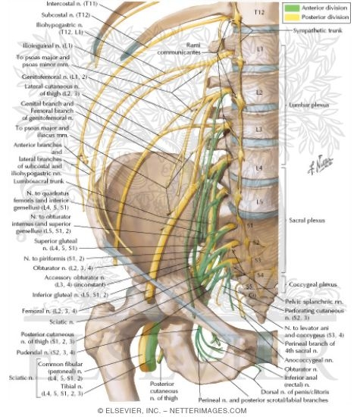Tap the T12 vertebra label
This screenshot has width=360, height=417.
259,13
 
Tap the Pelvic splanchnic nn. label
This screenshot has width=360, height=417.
312,302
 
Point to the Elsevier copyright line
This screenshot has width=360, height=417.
180,411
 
